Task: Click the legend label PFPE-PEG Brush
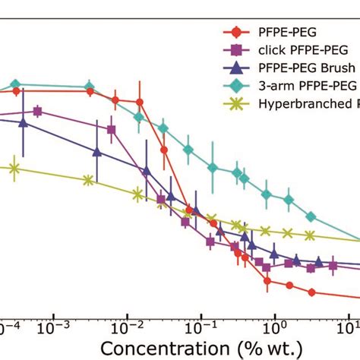pyautogui.click(x=298, y=67)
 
